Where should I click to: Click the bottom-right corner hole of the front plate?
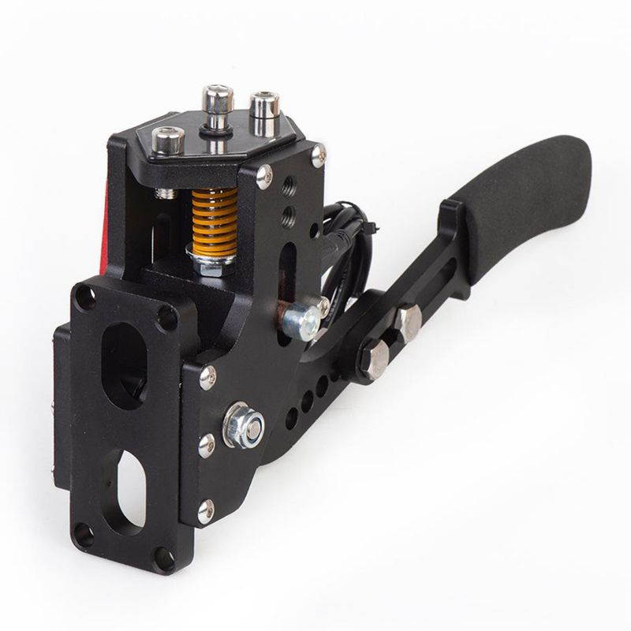(165, 563)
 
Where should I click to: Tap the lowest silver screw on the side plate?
(206, 512)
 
